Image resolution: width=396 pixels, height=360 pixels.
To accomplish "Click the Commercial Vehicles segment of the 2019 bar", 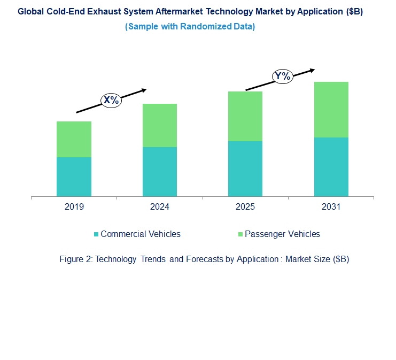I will [x=74, y=177].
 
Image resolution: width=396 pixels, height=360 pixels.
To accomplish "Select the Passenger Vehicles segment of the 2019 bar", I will [x=74, y=139].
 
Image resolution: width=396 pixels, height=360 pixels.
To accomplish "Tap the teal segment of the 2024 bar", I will [x=159, y=172].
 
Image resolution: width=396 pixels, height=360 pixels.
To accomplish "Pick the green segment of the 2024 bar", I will [x=159, y=125].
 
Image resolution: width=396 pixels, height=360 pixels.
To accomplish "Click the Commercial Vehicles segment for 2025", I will [x=245, y=168].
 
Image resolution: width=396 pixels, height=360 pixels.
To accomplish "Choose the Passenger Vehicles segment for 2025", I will [x=245, y=116].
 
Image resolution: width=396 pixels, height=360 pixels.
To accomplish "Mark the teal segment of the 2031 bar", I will [x=331, y=167].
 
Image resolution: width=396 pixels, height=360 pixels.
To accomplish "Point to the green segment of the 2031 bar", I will [x=331, y=110].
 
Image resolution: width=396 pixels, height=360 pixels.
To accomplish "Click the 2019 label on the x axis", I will [x=74, y=207].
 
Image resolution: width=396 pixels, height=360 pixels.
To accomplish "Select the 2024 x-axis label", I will [x=159, y=207].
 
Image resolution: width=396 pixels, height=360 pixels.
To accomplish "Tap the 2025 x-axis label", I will [x=245, y=207].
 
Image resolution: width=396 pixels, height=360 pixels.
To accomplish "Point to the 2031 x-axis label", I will [x=331, y=207].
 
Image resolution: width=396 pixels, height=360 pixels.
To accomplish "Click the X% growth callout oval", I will [x=112, y=100].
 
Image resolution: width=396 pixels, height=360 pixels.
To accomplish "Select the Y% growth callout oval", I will [x=282, y=76].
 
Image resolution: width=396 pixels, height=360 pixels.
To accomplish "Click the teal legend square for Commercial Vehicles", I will [x=96, y=234].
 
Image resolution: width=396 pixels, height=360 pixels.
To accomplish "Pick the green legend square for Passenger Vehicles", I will [x=240, y=234].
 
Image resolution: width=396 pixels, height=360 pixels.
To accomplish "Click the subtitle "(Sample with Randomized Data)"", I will [x=190, y=27].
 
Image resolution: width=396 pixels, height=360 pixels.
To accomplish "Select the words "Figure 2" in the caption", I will [x=75, y=259].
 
